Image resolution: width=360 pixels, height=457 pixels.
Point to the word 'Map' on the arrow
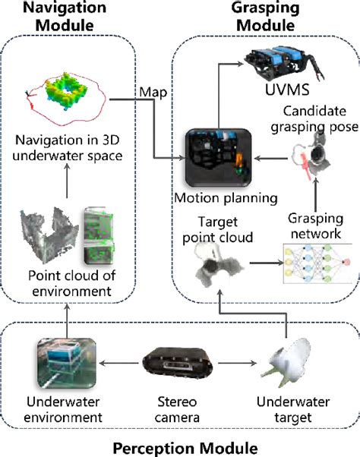pyautogui.click(x=150, y=93)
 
